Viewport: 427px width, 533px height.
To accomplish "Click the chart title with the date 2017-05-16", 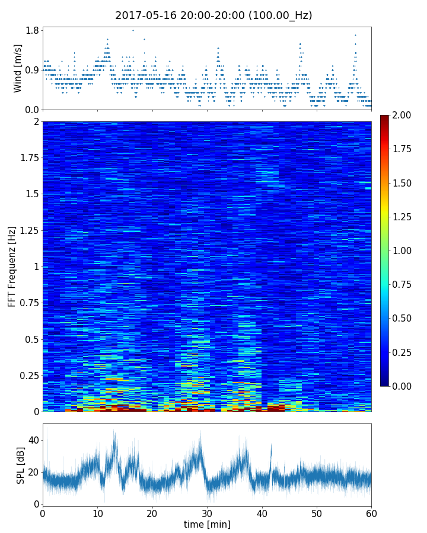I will tap(213, 15).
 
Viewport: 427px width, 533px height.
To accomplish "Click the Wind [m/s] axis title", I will tap(18, 68).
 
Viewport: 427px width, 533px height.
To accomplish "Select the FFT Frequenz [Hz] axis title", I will tap(12, 266).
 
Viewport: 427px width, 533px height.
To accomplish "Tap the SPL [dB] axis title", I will tap(20, 464).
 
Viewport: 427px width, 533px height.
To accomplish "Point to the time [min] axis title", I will tap(207, 524).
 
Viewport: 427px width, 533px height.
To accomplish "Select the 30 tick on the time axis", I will tap(207, 513).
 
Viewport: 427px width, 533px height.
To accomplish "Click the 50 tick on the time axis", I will tap(317, 513).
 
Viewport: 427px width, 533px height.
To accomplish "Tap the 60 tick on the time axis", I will tap(371, 513).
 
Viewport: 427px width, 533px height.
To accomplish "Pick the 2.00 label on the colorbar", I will tap(403, 115).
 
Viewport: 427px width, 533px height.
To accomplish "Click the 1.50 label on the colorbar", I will tap(403, 183).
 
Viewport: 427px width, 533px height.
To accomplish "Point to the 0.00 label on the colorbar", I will tap(403, 386).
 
